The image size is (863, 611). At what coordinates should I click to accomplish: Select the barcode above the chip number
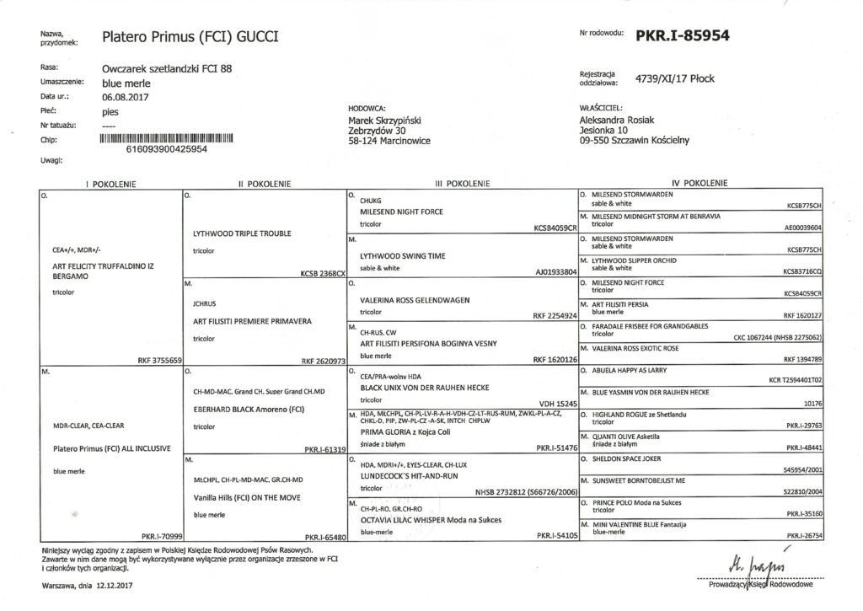[x=166, y=137]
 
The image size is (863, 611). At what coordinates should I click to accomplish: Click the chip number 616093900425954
[x=166, y=148]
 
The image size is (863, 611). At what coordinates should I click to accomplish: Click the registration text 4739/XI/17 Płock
[x=675, y=78]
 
